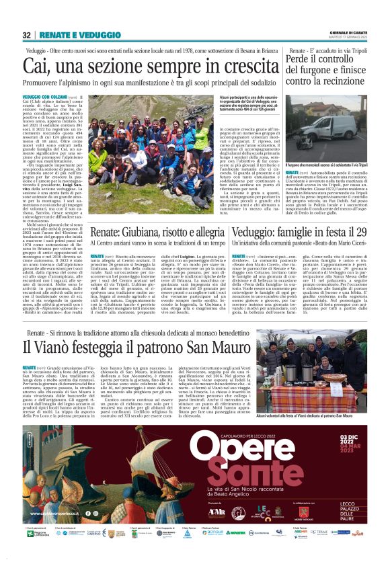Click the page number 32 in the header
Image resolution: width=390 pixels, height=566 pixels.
click(x=26, y=35)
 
